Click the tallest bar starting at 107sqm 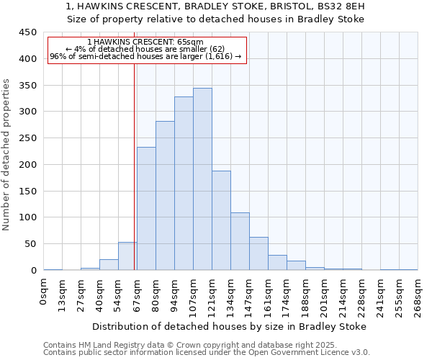tap(202, 179)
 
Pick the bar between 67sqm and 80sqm tap(146, 209)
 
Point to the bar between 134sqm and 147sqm tap(240, 241)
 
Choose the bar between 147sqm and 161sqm tap(258, 253)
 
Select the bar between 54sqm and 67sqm tap(127, 256)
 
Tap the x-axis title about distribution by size tap(230, 326)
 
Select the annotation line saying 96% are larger tap(146, 56)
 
